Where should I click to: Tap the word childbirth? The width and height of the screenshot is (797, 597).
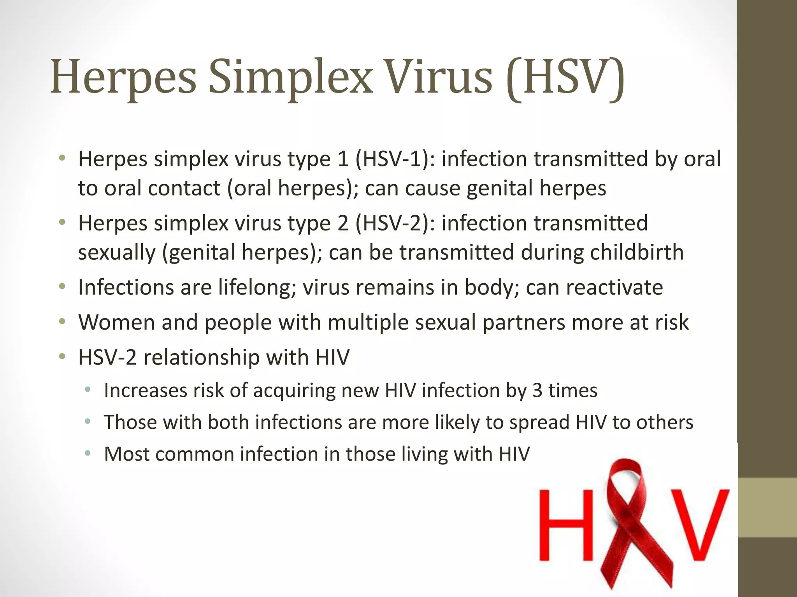tap(637, 252)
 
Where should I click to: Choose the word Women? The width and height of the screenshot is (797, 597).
tap(116, 322)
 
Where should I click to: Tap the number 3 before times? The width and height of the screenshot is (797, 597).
tap(537, 391)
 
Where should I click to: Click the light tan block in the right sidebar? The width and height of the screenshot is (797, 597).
tap(767, 507)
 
